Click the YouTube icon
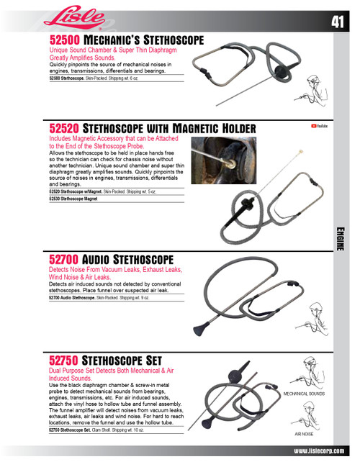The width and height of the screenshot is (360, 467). pyautogui.click(x=319, y=126)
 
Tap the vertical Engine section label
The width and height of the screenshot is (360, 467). pyautogui.click(x=341, y=237)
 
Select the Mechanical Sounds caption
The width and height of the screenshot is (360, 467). pyautogui.click(x=303, y=394)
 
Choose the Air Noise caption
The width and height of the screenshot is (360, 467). pyautogui.click(x=303, y=435)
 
